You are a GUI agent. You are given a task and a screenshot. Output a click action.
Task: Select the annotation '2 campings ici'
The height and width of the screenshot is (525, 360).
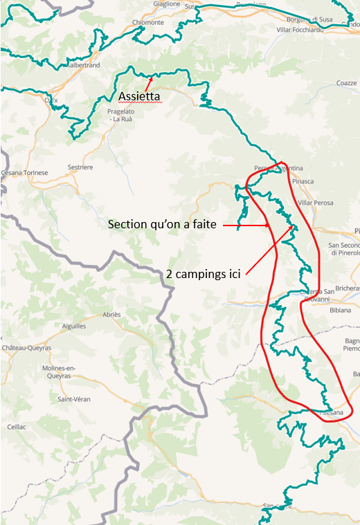203,273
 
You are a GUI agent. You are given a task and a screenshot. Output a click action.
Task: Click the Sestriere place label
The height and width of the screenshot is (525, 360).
80,167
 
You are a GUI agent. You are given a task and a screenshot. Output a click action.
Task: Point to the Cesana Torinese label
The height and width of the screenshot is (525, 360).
25,172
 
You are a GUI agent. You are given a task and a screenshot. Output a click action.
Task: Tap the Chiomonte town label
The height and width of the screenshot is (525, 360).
147,22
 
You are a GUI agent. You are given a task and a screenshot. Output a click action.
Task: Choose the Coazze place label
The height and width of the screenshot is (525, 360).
346,83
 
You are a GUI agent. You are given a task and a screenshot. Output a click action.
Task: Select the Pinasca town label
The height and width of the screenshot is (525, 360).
303,181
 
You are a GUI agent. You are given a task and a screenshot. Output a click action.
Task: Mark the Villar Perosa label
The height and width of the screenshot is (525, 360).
315,203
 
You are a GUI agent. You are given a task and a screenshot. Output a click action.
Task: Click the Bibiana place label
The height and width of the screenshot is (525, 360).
339,311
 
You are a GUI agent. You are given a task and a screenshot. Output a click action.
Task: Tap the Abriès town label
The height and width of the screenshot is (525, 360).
111,314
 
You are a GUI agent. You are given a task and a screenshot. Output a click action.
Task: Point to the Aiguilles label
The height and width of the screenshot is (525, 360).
73,325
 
